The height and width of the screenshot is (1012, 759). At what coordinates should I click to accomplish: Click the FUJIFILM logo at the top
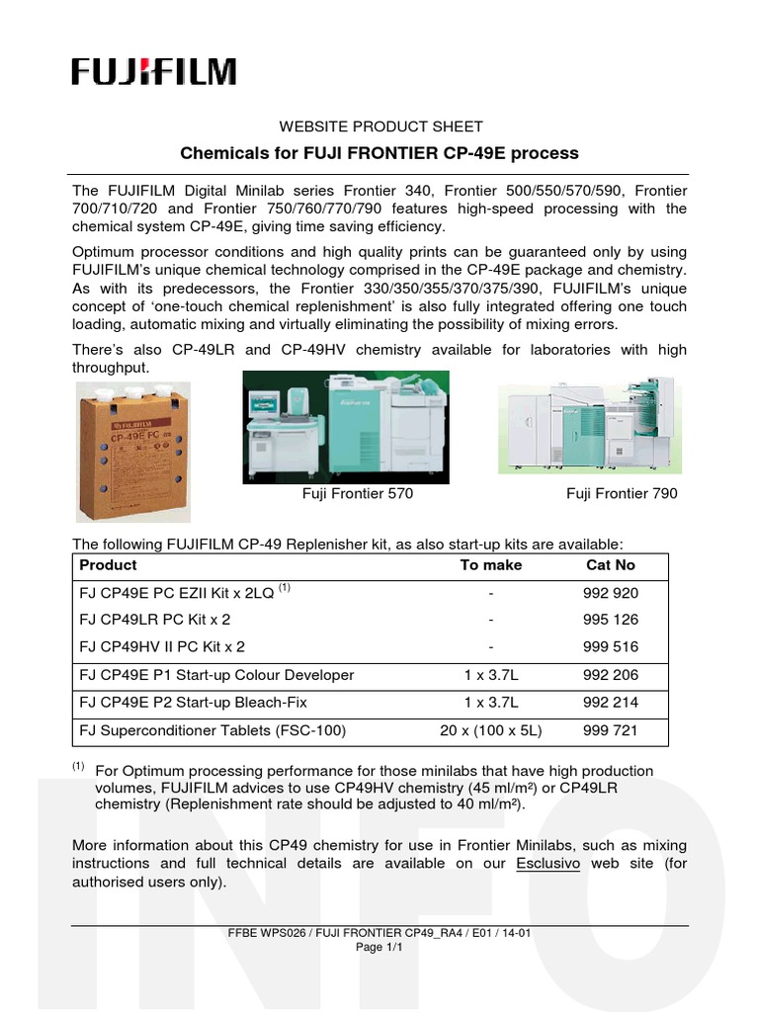[x=153, y=72]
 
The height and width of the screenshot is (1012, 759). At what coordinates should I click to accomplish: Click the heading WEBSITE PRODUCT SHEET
[x=379, y=126]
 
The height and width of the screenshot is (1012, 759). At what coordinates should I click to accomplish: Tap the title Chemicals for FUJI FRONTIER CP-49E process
[x=379, y=153]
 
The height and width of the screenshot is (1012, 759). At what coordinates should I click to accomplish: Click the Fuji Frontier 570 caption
[x=357, y=493]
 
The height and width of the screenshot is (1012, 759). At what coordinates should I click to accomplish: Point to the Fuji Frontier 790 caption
[x=622, y=493]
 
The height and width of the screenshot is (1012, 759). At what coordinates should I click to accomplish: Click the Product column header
[x=108, y=565]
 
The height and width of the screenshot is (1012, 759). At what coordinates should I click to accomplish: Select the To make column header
[x=491, y=565]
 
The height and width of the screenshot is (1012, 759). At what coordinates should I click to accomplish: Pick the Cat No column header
[x=611, y=565]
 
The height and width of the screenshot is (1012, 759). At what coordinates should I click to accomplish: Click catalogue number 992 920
[x=611, y=593]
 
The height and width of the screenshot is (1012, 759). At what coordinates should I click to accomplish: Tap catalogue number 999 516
[x=611, y=646]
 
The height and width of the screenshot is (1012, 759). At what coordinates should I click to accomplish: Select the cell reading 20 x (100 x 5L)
[x=491, y=731]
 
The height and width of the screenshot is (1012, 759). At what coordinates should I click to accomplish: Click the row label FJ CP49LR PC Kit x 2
[x=155, y=620]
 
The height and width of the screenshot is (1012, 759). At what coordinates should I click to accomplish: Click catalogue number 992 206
[x=611, y=675]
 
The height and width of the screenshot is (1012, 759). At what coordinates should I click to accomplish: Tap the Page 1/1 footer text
[x=379, y=947]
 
